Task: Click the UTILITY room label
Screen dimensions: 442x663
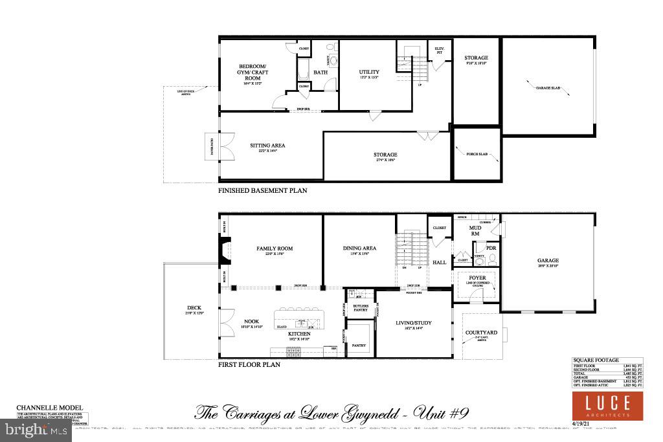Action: point(369,72)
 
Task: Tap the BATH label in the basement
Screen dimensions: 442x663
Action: point(320,72)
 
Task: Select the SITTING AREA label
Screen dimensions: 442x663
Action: point(267,146)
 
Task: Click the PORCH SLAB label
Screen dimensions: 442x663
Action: point(476,155)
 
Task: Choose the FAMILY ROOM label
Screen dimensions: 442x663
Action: point(275,249)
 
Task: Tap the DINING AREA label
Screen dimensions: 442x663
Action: point(359,249)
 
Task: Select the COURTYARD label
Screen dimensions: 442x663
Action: point(481,333)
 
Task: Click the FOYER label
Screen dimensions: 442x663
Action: point(477,278)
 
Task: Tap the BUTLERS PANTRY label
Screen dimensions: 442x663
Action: point(360,307)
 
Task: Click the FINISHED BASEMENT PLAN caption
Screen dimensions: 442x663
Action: point(262,191)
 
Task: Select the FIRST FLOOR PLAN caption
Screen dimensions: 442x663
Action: point(249,364)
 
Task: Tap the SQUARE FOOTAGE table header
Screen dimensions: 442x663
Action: point(595,360)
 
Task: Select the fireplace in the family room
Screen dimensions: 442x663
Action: point(224,252)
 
